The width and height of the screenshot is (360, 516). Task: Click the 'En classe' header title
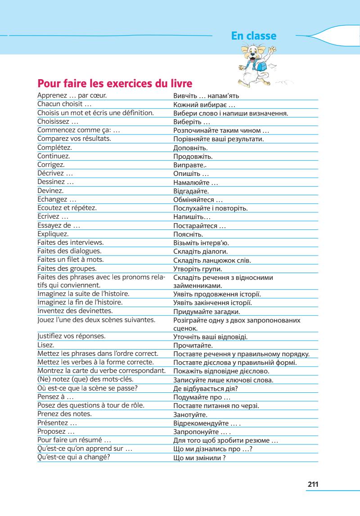click(254, 36)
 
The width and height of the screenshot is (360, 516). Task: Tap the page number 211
click(313, 484)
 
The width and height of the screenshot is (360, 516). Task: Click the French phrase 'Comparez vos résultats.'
click(74, 139)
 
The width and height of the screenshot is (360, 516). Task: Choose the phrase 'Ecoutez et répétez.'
click(67, 208)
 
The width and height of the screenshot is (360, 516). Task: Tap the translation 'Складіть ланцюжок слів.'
click(212, 260)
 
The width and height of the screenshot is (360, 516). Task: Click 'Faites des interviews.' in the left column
click(70, 242)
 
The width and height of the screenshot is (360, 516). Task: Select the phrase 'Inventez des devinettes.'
click(75, 311)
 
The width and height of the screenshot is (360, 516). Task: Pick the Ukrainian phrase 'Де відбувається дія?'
click(206, 389)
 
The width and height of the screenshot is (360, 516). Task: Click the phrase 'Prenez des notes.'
click(65, 413)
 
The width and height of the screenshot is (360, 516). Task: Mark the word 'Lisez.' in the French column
click(46, 345)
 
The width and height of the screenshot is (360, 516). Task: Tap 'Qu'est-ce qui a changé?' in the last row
click(74, 458)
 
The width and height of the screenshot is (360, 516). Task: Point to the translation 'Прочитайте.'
click(193, 345)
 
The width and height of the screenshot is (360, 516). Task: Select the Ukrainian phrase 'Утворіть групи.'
click(198, 269)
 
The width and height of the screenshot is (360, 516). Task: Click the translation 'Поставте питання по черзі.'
click(216, 406)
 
